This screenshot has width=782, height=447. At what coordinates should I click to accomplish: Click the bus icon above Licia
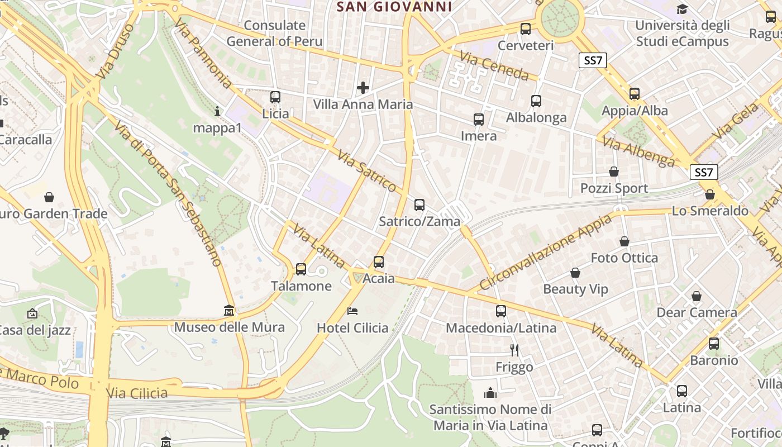[x=275, y=97]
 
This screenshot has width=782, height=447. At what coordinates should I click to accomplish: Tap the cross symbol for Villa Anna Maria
[x=363, y=88]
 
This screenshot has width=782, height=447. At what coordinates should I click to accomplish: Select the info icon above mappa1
[x=217, y=112]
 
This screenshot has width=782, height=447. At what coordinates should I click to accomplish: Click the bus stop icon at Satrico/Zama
[x=419, y=205]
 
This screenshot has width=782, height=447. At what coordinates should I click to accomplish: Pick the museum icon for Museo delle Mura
[x=229, y=310]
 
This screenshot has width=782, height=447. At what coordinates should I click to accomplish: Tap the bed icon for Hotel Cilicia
[x=352, y=311]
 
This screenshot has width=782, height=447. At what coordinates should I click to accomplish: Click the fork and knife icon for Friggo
[x=514, y=350]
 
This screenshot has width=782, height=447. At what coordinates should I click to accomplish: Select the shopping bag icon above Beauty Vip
[x=575, y=273]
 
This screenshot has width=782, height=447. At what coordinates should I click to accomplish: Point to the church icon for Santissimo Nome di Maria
[x=490, y=393]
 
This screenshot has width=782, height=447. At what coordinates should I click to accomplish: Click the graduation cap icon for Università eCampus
[x=682, y=9]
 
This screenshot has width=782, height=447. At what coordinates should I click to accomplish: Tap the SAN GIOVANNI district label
[x=395, y=7]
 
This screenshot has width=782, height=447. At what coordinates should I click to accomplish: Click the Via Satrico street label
[x=366, y=171]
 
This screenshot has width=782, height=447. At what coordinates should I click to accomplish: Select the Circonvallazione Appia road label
[x=546, y=252]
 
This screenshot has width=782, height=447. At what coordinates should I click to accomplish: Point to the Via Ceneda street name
[x=494, y=65]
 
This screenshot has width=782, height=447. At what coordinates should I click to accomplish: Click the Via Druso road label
[x=116, y=50]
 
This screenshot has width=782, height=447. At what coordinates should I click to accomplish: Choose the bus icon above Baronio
[x=714, y=344]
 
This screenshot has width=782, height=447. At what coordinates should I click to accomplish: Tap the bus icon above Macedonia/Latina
[x=501, y=311]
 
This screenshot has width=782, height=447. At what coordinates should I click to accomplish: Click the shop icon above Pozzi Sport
[x=614, y=172]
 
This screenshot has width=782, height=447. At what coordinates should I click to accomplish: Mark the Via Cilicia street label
[x=137, y=393]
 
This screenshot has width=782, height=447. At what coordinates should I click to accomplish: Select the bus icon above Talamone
[x=301, y=269]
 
